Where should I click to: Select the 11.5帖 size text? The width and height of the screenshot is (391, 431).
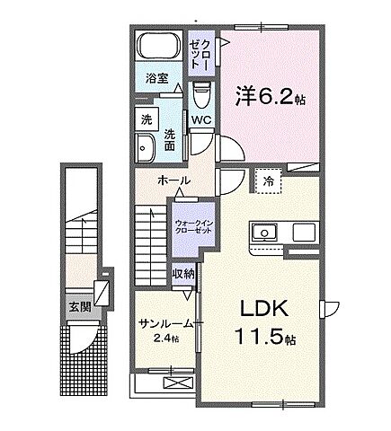tap(262, 339)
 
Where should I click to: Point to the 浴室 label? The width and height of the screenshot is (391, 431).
tap(156, 78)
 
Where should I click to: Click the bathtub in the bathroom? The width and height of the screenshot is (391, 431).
tap(157, 47)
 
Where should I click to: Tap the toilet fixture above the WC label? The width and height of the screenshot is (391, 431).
tap(202, 92)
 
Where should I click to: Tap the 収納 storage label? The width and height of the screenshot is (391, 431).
tap(182, 273)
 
